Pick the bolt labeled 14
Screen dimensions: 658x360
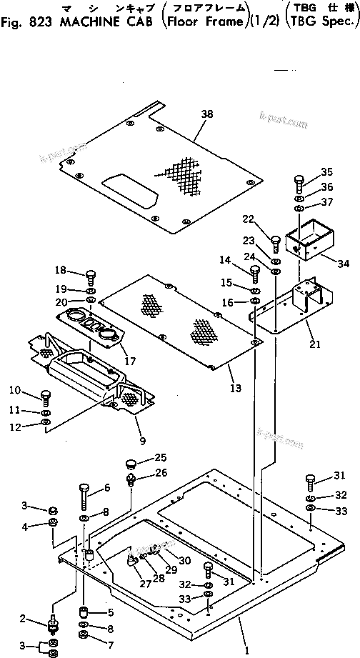pos(254,271)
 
